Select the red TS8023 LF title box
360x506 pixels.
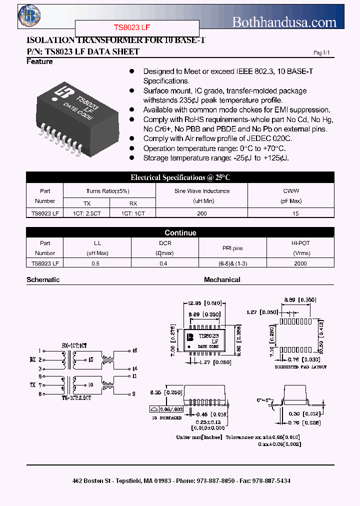pos(137,28)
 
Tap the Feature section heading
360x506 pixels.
pos(39,61)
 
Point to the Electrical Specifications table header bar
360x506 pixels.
pos(180,177)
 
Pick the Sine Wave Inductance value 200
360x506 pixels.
pos(201,213)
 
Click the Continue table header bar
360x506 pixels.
pos(180,233)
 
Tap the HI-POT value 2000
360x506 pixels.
pos(300,263)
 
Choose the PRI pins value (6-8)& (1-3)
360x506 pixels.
pos(232,263)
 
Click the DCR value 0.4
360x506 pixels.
pos(163,263)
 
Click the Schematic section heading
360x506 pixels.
pos(43,280)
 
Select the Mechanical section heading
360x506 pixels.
pos(222,280)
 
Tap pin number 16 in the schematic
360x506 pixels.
pos(134,350)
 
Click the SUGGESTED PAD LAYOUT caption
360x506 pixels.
pos(300,367)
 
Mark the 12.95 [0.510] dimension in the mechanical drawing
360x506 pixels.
pos(205,303)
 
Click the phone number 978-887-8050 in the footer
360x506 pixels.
pos(216,480)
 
